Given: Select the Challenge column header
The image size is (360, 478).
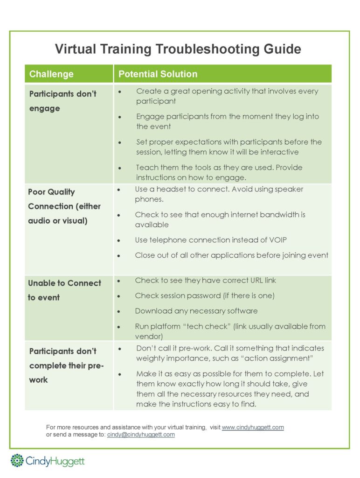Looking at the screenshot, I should pyautogui.click(x=51, y=74).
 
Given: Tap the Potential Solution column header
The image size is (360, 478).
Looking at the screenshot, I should pyautogui.click(x=158, y=74).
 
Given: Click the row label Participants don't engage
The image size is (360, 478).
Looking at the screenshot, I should pyautogui.click(x=62, y=101).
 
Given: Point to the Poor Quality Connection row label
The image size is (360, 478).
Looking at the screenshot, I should pyautogui.click(x=64, y=206).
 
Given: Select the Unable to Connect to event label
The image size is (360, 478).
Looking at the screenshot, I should pyautogui.click(x=64, y=290).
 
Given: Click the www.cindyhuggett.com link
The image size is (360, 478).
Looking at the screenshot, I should pyautogui.click(x=253, y=427).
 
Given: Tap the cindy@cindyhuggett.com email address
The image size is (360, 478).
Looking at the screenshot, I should pyautogui.click(x=141, y=435).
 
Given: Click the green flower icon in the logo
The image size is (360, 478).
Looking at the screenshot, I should pyautogui.click(x=17, y=460).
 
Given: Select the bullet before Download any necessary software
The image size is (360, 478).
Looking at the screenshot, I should pyautogui.click(x=120, y=311).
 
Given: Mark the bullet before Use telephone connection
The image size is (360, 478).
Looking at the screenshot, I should pyautogui.click(x=120, y=241).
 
